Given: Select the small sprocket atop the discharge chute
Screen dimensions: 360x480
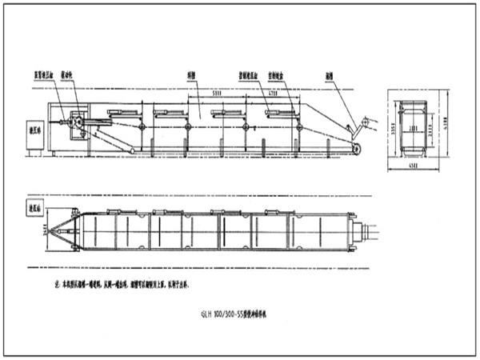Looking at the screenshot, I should pyautogui.click(x=369, y=122).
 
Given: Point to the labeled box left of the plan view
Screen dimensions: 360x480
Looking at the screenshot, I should pyautogui.click(x=34, y=207).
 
